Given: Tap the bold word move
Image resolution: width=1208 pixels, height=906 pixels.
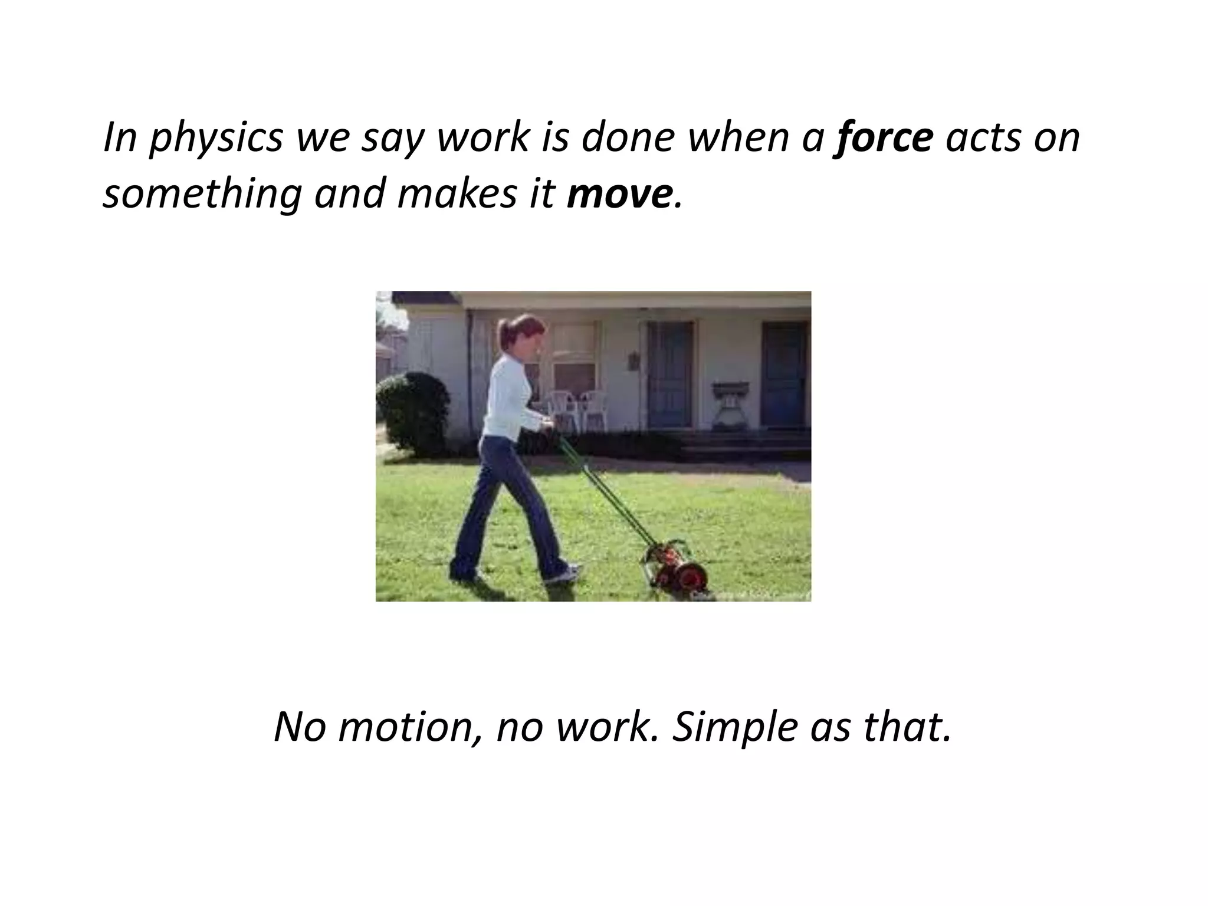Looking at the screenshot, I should [x=619, y=194].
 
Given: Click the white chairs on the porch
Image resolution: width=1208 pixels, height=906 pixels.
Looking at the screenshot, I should [x=577, y=408].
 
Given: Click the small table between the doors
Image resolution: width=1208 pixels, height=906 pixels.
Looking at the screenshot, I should [x=730, y=404].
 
